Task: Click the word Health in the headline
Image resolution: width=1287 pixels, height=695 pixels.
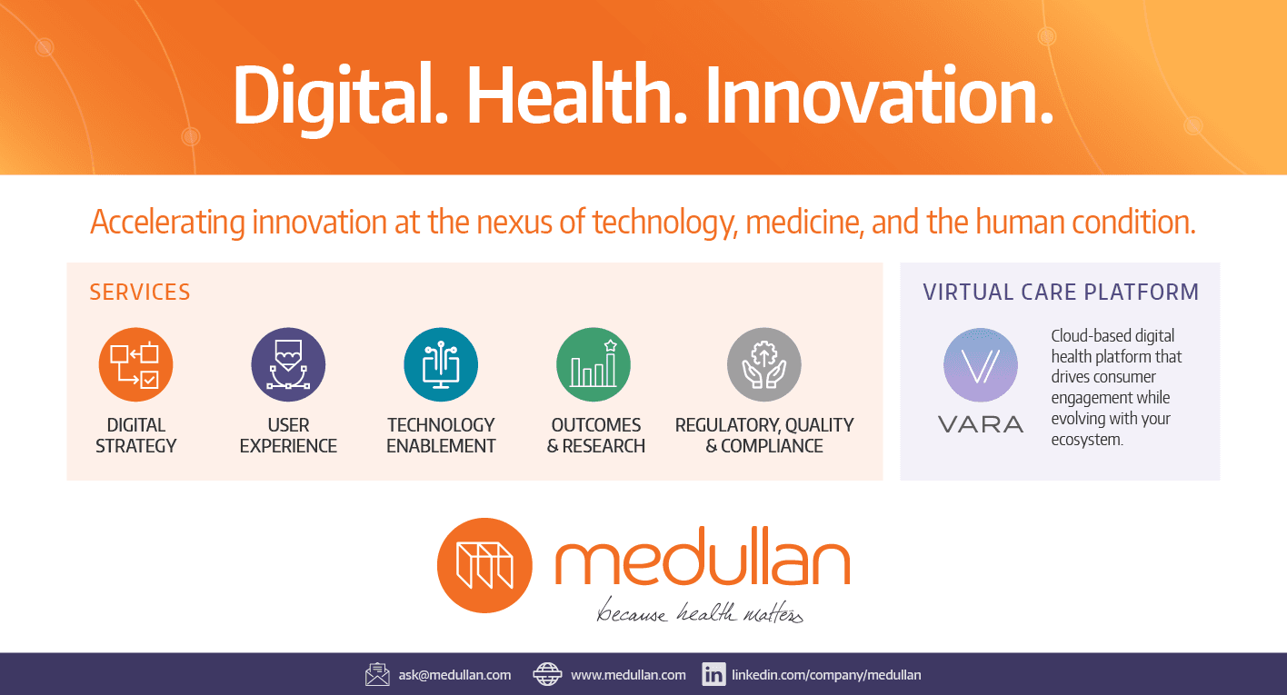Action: [x=576, y=95]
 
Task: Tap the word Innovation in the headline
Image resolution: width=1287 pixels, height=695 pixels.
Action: [x=879, y=95]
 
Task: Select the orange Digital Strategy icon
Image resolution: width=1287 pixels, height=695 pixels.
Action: [x=135, y=364]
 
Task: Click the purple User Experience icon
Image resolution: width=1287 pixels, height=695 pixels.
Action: [x=288, y=364]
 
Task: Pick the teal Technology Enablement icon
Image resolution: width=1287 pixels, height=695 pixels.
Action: [x=441, y=364]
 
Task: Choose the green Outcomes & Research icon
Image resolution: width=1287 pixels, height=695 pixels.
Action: [x=594, y=364]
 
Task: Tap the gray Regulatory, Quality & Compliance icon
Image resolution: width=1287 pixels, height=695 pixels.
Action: [x=764, y=364]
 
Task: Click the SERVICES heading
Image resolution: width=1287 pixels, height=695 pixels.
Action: [x=140, y=293]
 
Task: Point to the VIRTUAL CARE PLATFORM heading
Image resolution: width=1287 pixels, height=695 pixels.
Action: [x=1061, y=293]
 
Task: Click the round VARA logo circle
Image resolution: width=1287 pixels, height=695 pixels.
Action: [x=981, y=364]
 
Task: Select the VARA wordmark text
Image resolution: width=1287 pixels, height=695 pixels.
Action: [x=981, y=424]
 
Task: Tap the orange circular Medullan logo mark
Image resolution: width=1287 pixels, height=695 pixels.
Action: [x=484, y=566]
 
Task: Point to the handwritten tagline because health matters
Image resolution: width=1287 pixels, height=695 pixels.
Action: [x=700, y=611]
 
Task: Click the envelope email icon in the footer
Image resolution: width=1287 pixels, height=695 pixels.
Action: [x=377, y=674]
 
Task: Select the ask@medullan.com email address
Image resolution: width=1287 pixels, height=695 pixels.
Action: [x=454, y=675]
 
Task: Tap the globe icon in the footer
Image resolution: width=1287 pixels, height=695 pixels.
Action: [x=547, y=674]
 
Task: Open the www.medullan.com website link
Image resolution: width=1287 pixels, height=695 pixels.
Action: [x=628, y=675]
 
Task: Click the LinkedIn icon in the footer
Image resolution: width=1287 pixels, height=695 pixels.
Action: [x=713, y=674]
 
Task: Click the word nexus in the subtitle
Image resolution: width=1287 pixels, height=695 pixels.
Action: [x=514, y=223]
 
